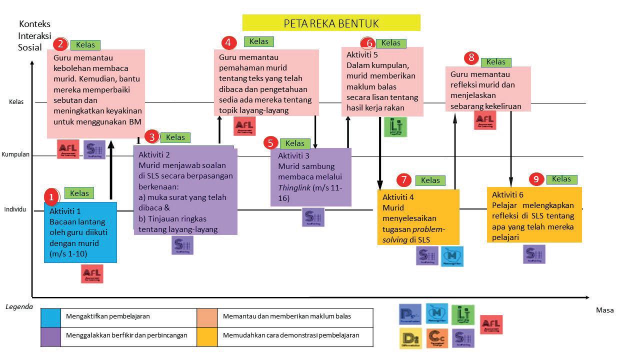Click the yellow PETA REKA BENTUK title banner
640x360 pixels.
331,23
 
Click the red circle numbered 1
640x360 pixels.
51,196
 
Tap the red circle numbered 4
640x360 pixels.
228,42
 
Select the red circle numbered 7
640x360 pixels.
404,180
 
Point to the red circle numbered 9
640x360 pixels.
536,179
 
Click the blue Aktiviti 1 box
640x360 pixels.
80,232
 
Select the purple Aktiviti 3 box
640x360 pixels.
310,177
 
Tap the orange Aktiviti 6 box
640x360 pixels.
534,215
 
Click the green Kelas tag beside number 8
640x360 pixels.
496,62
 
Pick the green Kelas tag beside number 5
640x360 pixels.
294,143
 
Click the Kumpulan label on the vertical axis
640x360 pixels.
15,154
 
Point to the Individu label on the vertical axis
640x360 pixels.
15,209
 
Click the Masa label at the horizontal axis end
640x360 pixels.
604,310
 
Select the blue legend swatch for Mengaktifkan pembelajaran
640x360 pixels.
50,316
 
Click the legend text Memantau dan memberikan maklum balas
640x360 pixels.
286,316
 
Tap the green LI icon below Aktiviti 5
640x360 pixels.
395,127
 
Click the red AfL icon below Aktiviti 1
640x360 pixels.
92,273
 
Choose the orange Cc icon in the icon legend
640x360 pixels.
437,338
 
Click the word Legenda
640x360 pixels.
19,306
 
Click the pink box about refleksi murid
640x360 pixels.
487,89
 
